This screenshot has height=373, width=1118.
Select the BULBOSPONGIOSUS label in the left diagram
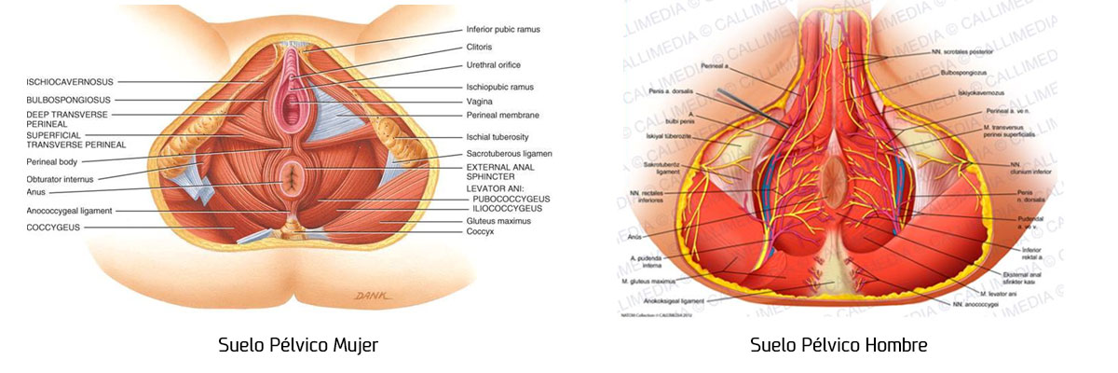click(68, 99)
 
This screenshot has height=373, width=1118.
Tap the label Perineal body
click(59, 161)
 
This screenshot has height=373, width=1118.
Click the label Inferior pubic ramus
click(503, 30)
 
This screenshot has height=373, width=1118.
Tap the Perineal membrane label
click(503, 116)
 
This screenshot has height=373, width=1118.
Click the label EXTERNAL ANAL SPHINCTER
click(503, 172)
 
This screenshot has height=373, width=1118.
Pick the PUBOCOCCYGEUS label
click(511, 199)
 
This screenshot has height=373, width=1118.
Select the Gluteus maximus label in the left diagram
click(498, 221)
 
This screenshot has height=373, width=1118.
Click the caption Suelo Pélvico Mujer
click(297, 346)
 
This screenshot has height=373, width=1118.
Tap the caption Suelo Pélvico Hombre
click(838, 346)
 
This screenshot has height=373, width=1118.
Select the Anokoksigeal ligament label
click(665, 301)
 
